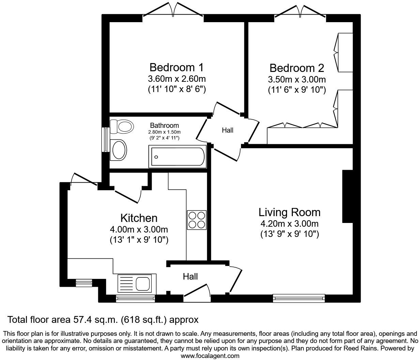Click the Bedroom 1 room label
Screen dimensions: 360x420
(176, 66)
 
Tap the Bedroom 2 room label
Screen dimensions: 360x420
(297, 68)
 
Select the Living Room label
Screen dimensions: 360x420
(289, 212)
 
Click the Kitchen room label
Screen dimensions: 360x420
(139, 218)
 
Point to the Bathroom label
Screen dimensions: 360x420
(164, 125)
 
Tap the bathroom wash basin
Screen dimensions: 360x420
(119, 150)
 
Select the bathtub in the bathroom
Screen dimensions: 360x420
(177, 157)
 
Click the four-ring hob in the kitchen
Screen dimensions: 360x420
(197, 220)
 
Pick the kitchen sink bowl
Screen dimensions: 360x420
(142, 283)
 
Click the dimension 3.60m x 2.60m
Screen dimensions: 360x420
(177, 79)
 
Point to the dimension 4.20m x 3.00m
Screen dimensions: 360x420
(289, 224)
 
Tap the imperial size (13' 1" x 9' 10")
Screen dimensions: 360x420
(139, 240)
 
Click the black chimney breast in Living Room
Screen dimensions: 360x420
(347, 196)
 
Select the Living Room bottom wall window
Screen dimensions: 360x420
(299, 299)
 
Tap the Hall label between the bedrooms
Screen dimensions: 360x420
(227, 130)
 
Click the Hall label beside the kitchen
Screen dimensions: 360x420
(190, 276)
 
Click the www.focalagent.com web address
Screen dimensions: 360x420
(210, 356)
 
